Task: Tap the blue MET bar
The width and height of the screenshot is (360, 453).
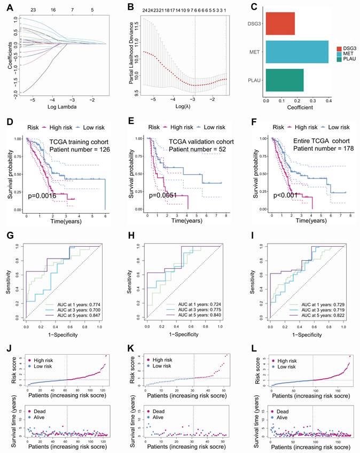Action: (x=296, y=52)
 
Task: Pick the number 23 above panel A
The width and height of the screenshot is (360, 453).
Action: (x=33, y=10)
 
